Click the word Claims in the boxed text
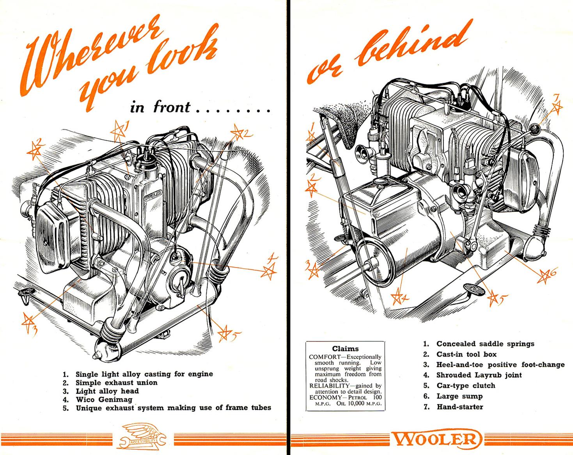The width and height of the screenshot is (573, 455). click(345, 349)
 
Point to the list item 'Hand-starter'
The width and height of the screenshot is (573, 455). click(459, 407)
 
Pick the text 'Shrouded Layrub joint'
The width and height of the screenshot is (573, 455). click(479, 375)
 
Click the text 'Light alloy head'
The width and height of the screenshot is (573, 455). click(107, 391)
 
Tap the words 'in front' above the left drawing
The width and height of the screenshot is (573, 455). click(160, 107)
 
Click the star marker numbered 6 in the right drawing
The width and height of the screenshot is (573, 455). click(543, 276)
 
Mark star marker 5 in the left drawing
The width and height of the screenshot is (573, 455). click(225, 333)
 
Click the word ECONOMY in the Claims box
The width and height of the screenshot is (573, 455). click(323, 397)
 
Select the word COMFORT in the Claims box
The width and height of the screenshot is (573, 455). click(323, 356)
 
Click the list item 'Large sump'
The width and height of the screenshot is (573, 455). click(459, 396)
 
